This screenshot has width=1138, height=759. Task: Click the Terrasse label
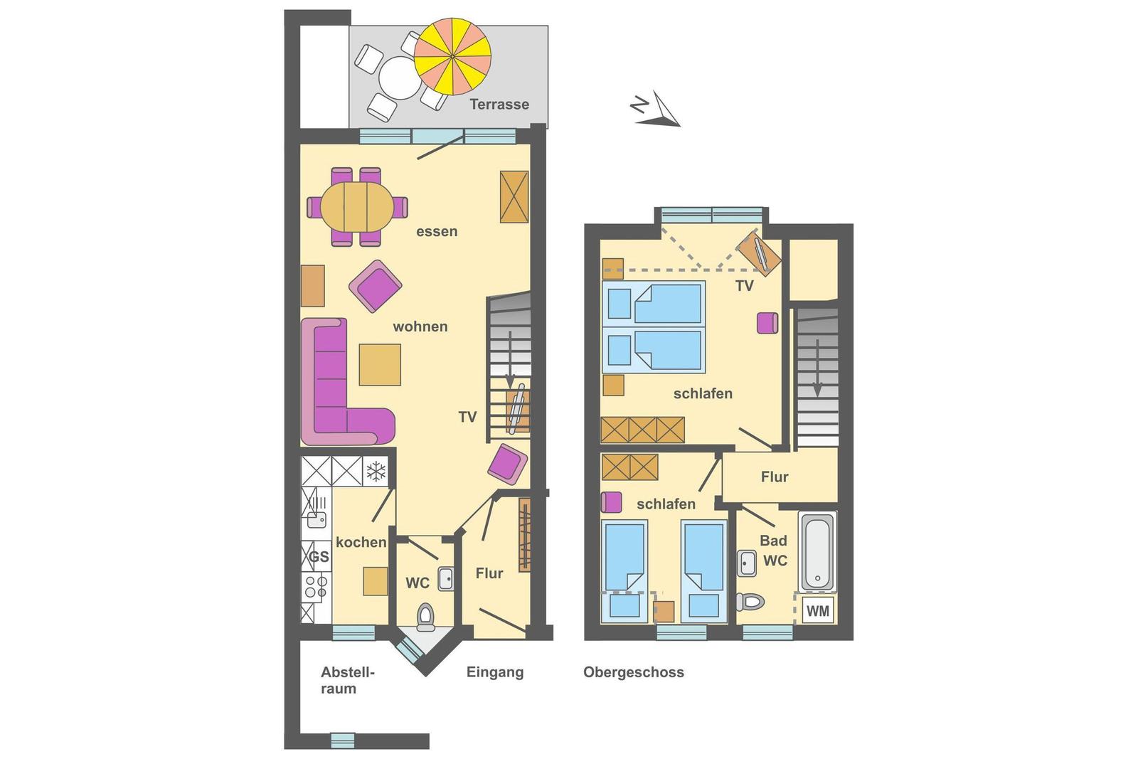click(x=499, y=104)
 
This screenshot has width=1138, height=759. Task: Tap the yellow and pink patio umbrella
click(x=452, y=56)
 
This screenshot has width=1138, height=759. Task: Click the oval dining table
click(x=357, y=207)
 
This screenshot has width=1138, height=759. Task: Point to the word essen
click(x=437, y=232)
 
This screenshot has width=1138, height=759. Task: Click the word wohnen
click(x=420, y=327)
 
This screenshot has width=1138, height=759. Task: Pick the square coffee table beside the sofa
click(x=380, y=364)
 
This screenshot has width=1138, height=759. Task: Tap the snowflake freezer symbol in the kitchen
click(x=376, y=471)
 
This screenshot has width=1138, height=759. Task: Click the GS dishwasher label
click(x=319, y=557)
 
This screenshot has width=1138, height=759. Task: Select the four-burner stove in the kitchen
click(x=316, y=587)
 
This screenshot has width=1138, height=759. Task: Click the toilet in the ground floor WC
click(x=425, y=616)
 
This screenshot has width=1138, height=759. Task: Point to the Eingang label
click(x=495, y=672)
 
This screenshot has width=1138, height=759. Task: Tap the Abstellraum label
click(x=348, y=680)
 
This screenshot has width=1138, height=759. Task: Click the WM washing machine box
click(x=817, y=610)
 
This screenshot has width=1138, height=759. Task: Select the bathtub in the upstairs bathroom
click(x=817, y=551)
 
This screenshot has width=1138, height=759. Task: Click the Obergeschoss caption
click(x=634, y=672)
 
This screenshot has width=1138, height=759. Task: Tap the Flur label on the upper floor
click(x=775, y=477)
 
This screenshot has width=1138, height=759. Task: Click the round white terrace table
click(x=400, y=78)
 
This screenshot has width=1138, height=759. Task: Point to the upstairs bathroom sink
click(x=746, y=563)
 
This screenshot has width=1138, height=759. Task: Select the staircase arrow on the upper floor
click(x=817, y=368)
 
